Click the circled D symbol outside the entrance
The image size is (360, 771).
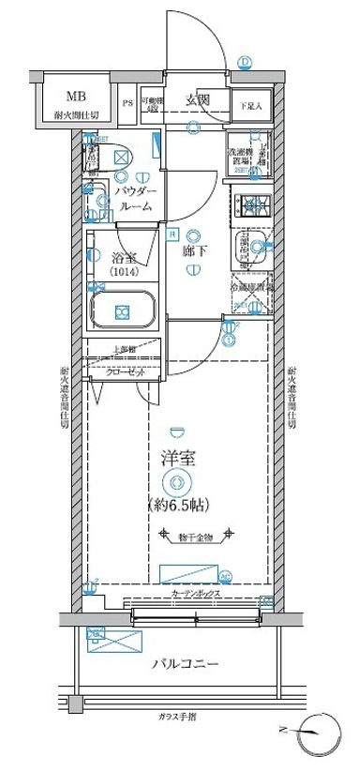coord(246,63)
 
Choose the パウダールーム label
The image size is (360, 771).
coord(136,198)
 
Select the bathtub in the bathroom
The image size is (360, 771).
coord(121,310)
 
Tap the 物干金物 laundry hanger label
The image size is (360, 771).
coord(195,536)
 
